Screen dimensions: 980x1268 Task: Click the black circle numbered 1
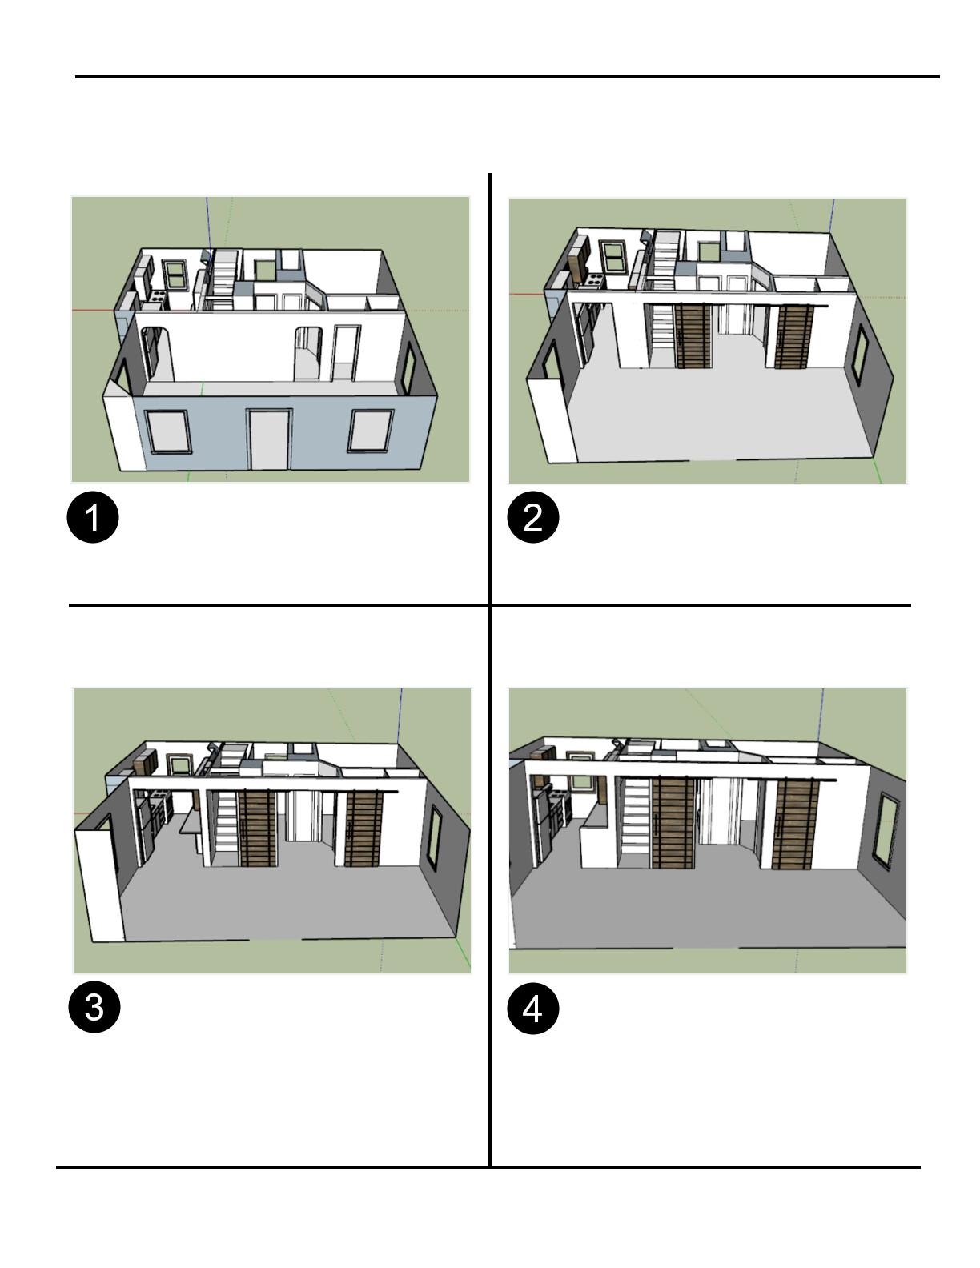93,517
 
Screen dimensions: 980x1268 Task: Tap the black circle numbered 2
533,517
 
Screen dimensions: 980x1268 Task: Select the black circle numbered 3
94,1006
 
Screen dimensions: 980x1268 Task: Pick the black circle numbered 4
533,1008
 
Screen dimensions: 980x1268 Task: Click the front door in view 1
269,439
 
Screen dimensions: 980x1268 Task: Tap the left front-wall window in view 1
168,431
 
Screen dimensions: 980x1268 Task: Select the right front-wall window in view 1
371,431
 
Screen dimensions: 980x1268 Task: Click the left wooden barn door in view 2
693,336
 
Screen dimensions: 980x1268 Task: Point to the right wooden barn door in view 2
793,337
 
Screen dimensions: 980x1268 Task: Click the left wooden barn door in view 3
257,828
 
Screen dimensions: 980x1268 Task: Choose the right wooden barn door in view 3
363,829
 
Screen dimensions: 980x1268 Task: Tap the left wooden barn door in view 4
673,823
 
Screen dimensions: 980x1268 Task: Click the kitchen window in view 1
175,275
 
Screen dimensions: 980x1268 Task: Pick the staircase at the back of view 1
223,275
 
